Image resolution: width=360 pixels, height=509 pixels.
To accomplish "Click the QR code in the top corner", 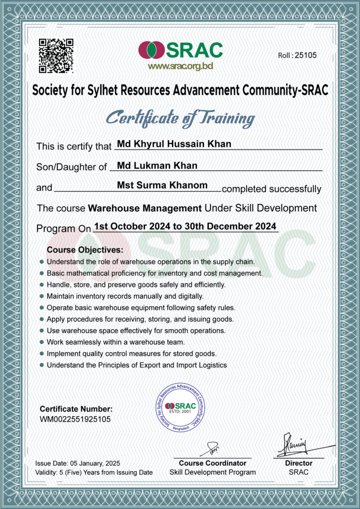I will pos(56,55).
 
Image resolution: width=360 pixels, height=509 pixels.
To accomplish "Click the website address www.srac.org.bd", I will pos(180,67).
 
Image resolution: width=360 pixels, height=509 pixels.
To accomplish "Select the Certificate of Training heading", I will pos(180,118).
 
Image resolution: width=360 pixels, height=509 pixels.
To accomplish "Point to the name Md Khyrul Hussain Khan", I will pos(174,144).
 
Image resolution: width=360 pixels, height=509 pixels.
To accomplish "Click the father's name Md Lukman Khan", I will pos(157,166).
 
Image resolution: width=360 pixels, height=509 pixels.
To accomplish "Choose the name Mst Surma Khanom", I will pos(162,185).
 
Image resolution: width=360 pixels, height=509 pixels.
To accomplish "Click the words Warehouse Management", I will pos(145,208).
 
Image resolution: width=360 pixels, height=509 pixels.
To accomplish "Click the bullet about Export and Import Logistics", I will pos(136,365).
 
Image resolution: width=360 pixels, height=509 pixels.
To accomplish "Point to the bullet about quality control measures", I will pos(131,354).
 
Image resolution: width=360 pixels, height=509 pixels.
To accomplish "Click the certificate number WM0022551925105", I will pos(75,419).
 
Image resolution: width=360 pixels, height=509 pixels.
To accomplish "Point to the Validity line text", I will pos(94,472).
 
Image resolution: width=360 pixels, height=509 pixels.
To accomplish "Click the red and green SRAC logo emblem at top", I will pos(152,50).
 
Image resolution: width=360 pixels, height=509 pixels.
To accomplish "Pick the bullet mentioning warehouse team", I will pos(115,342).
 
